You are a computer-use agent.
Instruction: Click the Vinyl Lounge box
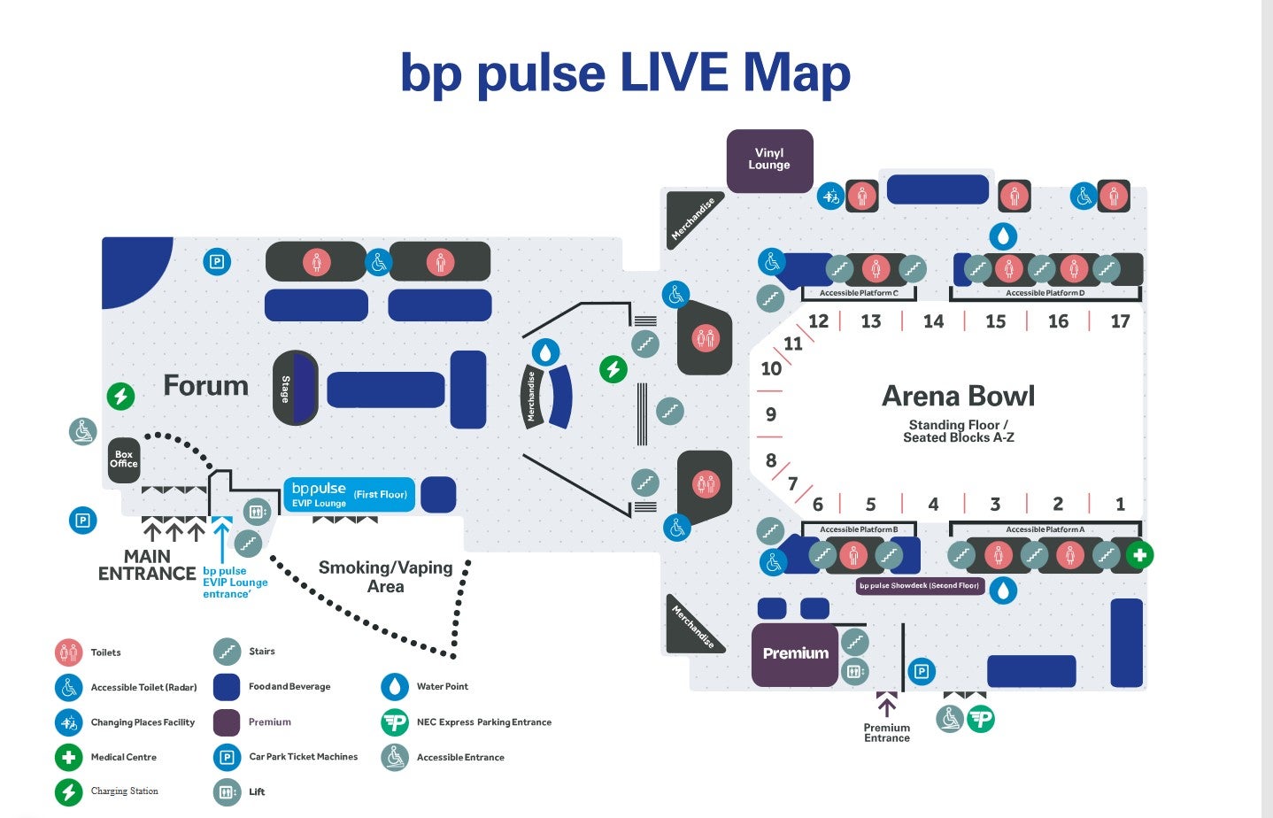[x=769, y=160]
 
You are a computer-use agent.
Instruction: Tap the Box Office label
[x=124, y=459]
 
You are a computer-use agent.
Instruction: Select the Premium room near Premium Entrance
[x=795, y=654]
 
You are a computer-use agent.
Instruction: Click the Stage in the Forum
[x=294, y=388]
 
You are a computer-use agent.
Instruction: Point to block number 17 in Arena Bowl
[x=1120, y=321]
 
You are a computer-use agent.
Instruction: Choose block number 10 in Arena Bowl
[x=771, y=368]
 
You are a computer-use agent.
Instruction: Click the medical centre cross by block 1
[x=1139, y=555]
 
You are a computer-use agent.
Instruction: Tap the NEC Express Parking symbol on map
[x=981, y=718]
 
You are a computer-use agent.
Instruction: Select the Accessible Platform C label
[x=859, y=293]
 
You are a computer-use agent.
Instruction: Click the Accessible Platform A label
[x=1045, y=529]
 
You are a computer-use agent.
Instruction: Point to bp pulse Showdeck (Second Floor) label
[x=920, y=585]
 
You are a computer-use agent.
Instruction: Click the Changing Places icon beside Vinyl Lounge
[x=830, y=197]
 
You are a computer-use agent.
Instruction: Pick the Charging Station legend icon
[x=68, y=791]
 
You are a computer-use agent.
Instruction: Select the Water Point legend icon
[x=394, y=687]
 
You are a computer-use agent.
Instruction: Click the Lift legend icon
[x=227, y=791]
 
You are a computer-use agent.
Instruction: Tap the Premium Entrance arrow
[x=886, y=706]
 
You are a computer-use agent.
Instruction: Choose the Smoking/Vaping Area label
[x=385, y=576]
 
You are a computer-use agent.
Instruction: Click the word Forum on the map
[x=205, y=386]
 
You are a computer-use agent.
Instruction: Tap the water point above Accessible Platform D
[x=1002, y=235]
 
